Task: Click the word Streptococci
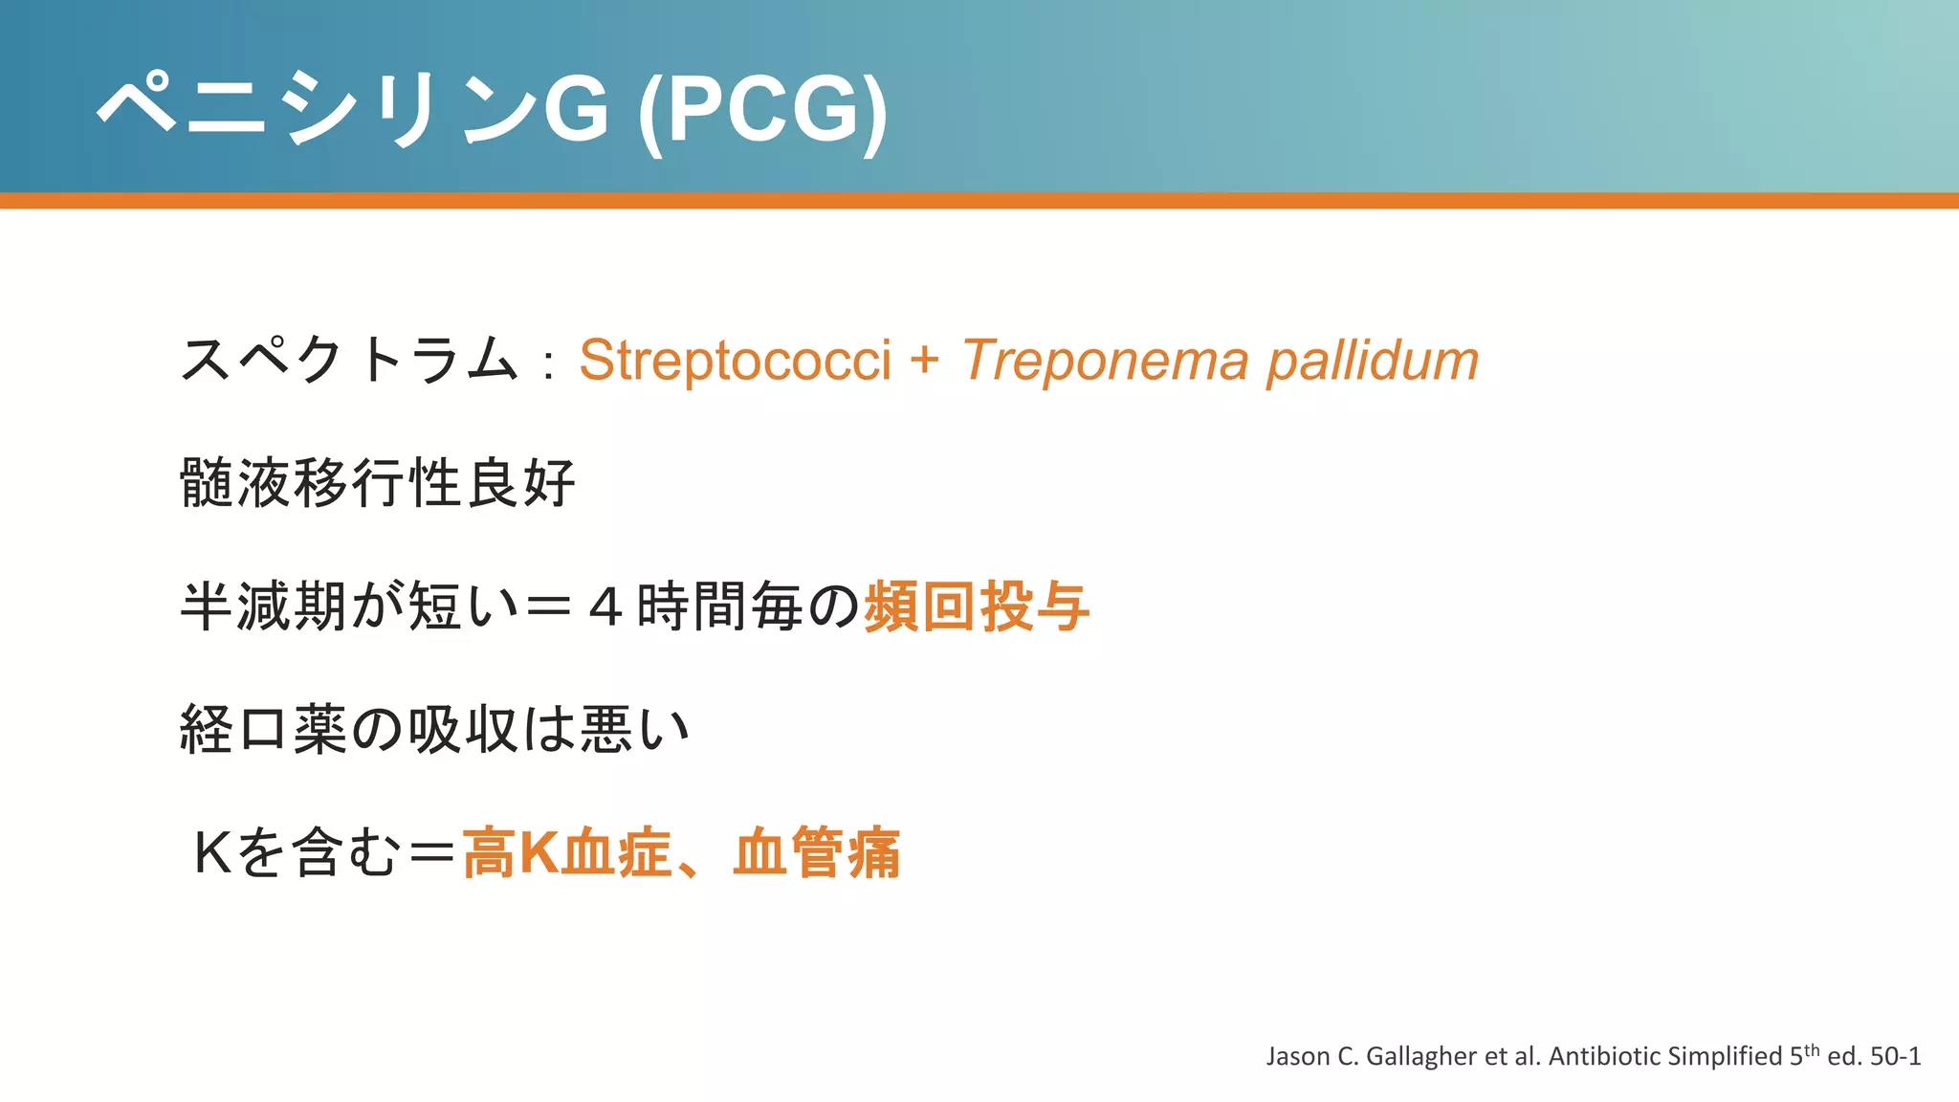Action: coord(735,362)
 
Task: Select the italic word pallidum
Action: coord(1373,362)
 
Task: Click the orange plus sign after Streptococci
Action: coord(924,362)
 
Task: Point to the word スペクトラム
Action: coord(349,362)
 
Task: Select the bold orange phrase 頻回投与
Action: coord(977,606)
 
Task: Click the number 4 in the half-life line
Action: coord(605,607)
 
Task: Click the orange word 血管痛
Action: coord(816,852)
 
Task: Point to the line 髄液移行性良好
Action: coord(378,483)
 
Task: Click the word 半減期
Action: coord(263,606)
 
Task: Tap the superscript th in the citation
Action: coord(1812,1049)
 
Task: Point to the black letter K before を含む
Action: coord(212,852)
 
